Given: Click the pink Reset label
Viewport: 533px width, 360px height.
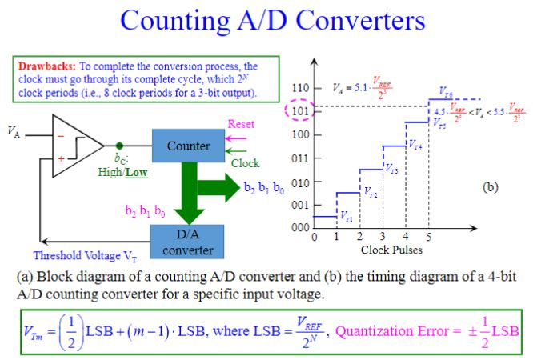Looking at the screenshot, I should pos(241,125).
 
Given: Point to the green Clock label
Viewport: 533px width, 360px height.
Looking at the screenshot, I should pos(246,163).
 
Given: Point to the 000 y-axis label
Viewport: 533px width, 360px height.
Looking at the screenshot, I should pos(300,227).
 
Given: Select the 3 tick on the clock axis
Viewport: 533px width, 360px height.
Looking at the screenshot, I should pos(383,237).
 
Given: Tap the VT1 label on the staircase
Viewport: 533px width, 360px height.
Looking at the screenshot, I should pos(346,217).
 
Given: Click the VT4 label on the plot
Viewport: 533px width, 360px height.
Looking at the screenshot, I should pos(415,146).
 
